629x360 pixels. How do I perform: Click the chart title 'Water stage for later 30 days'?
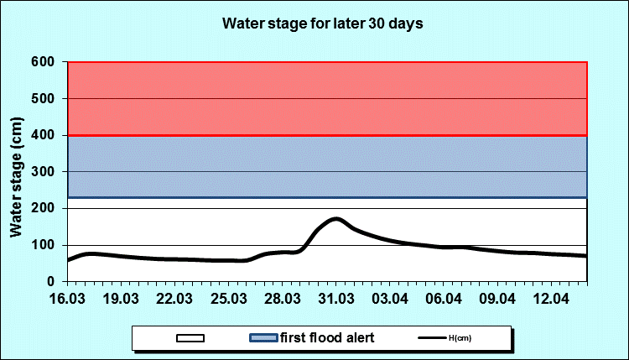[x=322, y=23]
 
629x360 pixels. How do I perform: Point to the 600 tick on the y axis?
[x=44, y=62]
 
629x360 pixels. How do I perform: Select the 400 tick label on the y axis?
[x=44, y=135]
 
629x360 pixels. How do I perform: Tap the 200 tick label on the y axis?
[x=44, y=208]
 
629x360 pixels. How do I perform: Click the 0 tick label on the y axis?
[x=51, y=282]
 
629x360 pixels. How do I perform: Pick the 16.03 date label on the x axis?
[x=68, y=299]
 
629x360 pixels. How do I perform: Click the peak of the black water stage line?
[x=336, y=218]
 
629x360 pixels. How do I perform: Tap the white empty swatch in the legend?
[x=190, y=338]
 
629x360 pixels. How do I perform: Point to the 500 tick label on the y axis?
[x=44, y=98]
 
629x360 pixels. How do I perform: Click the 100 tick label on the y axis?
[x=44, y=245]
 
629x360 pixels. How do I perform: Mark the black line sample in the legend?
[x=429, y=338]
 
